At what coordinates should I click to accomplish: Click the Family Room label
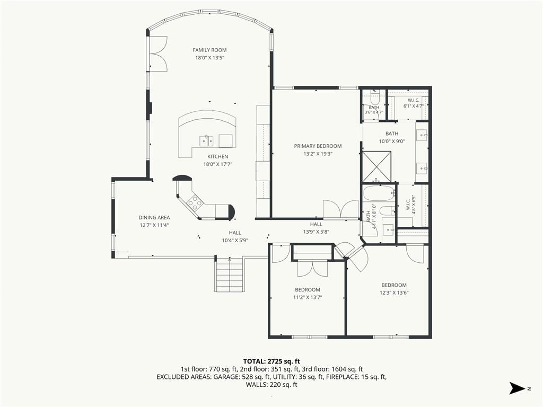tap(209, 50)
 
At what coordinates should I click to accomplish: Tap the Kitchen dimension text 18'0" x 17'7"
tap(217, 164)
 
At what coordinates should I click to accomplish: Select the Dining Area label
tap(154, 217)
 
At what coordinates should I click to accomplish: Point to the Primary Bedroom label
tap(318, 146)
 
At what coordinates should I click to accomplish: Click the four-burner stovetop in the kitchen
tap(195, 203)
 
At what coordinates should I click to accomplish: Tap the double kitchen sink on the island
tap(206, 141)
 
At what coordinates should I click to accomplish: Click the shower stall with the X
tap(376, 166)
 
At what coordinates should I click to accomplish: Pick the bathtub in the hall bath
tap(379, 193)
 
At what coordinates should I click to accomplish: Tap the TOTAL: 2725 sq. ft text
tap(271, 361)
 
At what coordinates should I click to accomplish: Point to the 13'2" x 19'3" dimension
tap(318, 154)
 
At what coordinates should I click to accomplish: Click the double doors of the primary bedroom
tap(341, 209)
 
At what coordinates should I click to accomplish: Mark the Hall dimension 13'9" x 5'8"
tap(316, 232)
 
